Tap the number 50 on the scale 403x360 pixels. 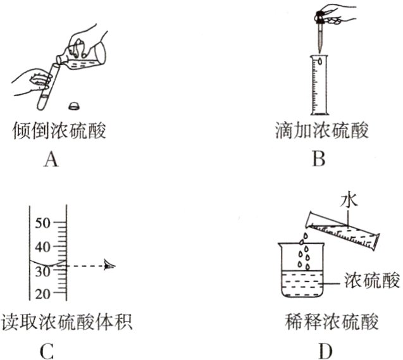pyautogui.click(x=42, y=223)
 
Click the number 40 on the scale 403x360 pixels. pyautogui.click(x=42, y=247)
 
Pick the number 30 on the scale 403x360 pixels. pyautogui.click(x=42, y=270)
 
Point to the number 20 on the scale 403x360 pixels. pyautogui.click(x=42, y=294)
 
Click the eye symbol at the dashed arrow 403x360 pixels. pyautogui.click(x=111, y=266)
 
